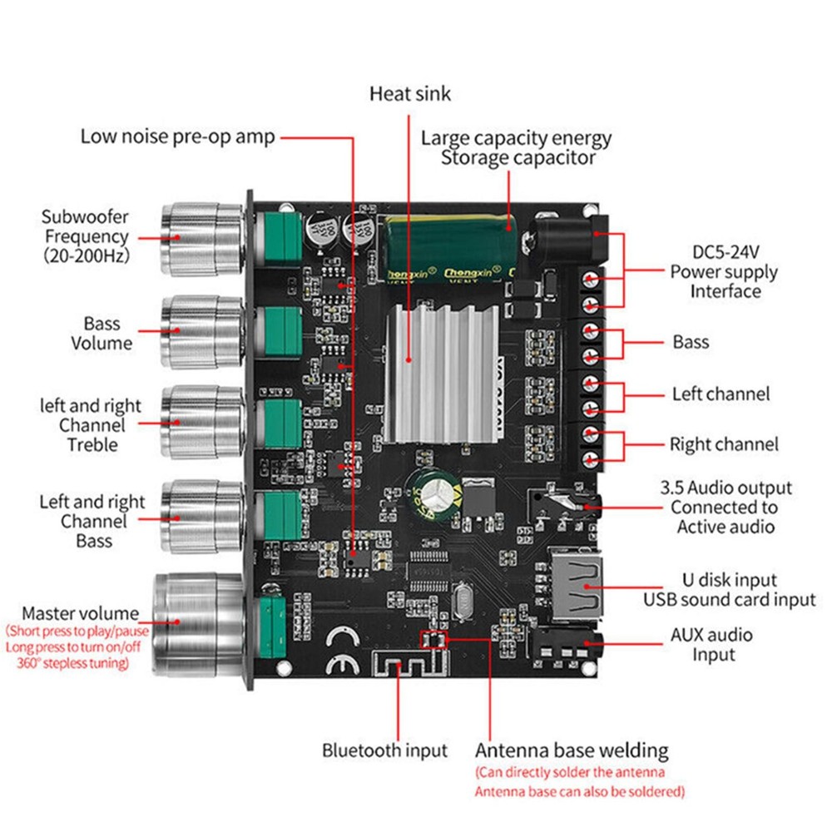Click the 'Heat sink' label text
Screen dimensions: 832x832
409,94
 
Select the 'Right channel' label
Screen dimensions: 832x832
724,444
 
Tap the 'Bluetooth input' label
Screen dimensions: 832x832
384,750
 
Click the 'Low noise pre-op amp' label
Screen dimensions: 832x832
177,136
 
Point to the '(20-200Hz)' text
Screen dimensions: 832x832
86,256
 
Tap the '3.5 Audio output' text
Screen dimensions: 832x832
726,488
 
